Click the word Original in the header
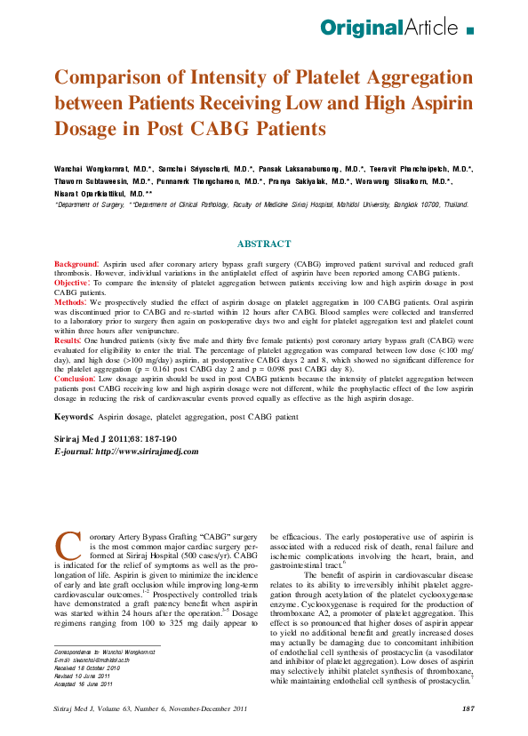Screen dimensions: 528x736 (362, 29)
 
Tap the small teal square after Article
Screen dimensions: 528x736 (470, 31)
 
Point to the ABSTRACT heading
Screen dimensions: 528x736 (264, 244)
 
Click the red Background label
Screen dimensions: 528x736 (76, 265)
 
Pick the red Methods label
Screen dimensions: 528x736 (71, 303)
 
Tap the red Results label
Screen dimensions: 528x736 (68, 340)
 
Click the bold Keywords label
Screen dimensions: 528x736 (73, 416)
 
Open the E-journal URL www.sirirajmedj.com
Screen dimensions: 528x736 (147, 452)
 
